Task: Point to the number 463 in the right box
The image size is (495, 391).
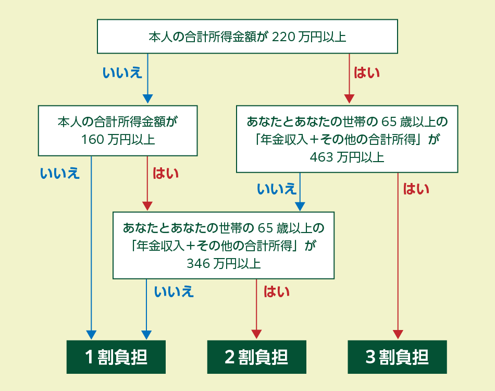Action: (321, 157)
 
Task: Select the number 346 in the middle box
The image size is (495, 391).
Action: (198, 263)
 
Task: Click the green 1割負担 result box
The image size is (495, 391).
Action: (116, 357)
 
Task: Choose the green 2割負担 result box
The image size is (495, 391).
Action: (256, 357)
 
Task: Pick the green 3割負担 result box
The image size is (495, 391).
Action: (397, 357)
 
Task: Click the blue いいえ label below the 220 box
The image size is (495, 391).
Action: (122, 72)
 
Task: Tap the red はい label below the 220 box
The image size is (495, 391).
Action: (367, 72)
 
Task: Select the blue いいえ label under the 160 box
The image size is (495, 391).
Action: (60, 173)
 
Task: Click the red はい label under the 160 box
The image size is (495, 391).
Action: (166, 173)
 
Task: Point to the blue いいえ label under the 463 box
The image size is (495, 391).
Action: (276, 189)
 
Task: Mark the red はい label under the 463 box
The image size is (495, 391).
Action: (416, 189)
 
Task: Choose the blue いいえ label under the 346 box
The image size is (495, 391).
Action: (174, 291)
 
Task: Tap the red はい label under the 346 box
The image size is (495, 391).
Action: (276, 291)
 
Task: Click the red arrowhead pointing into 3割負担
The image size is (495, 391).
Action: (398, 334)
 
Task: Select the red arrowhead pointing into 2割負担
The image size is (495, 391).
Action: (256, 334)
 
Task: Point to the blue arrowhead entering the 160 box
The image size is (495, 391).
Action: (148, 99)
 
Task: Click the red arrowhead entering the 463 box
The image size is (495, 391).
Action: (349, 99)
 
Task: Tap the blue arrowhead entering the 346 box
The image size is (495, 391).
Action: (300, 205)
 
